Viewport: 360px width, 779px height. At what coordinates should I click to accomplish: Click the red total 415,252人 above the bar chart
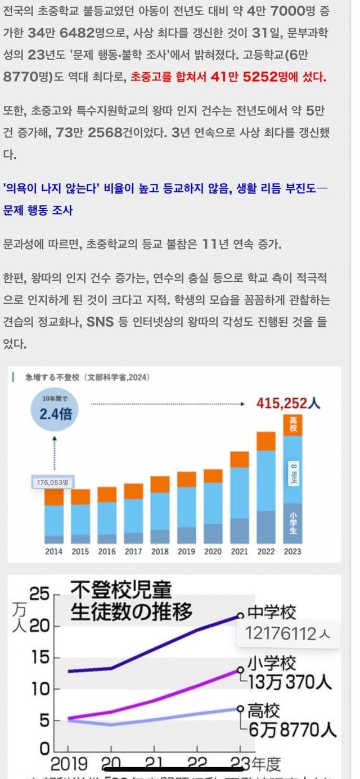[x=289, y=403]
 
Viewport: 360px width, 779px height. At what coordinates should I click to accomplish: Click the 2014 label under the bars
[x=53, y=552]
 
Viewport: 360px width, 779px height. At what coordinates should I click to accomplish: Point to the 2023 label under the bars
[x=292, y=552]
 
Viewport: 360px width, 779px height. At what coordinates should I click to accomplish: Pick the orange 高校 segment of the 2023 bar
[x=292, y=425]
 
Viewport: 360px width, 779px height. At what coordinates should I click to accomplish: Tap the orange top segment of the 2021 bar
[x=240, y=459]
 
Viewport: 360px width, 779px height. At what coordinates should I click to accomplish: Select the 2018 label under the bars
[x=159, y=552]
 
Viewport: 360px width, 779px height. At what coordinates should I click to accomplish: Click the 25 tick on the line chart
[x=39, y=595]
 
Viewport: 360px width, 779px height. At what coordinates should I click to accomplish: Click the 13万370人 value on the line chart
[x=290, y=682]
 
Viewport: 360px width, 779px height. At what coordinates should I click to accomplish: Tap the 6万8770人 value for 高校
[x=292, y=730]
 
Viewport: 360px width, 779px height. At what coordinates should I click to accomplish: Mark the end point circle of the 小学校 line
[x=241, y=670]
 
